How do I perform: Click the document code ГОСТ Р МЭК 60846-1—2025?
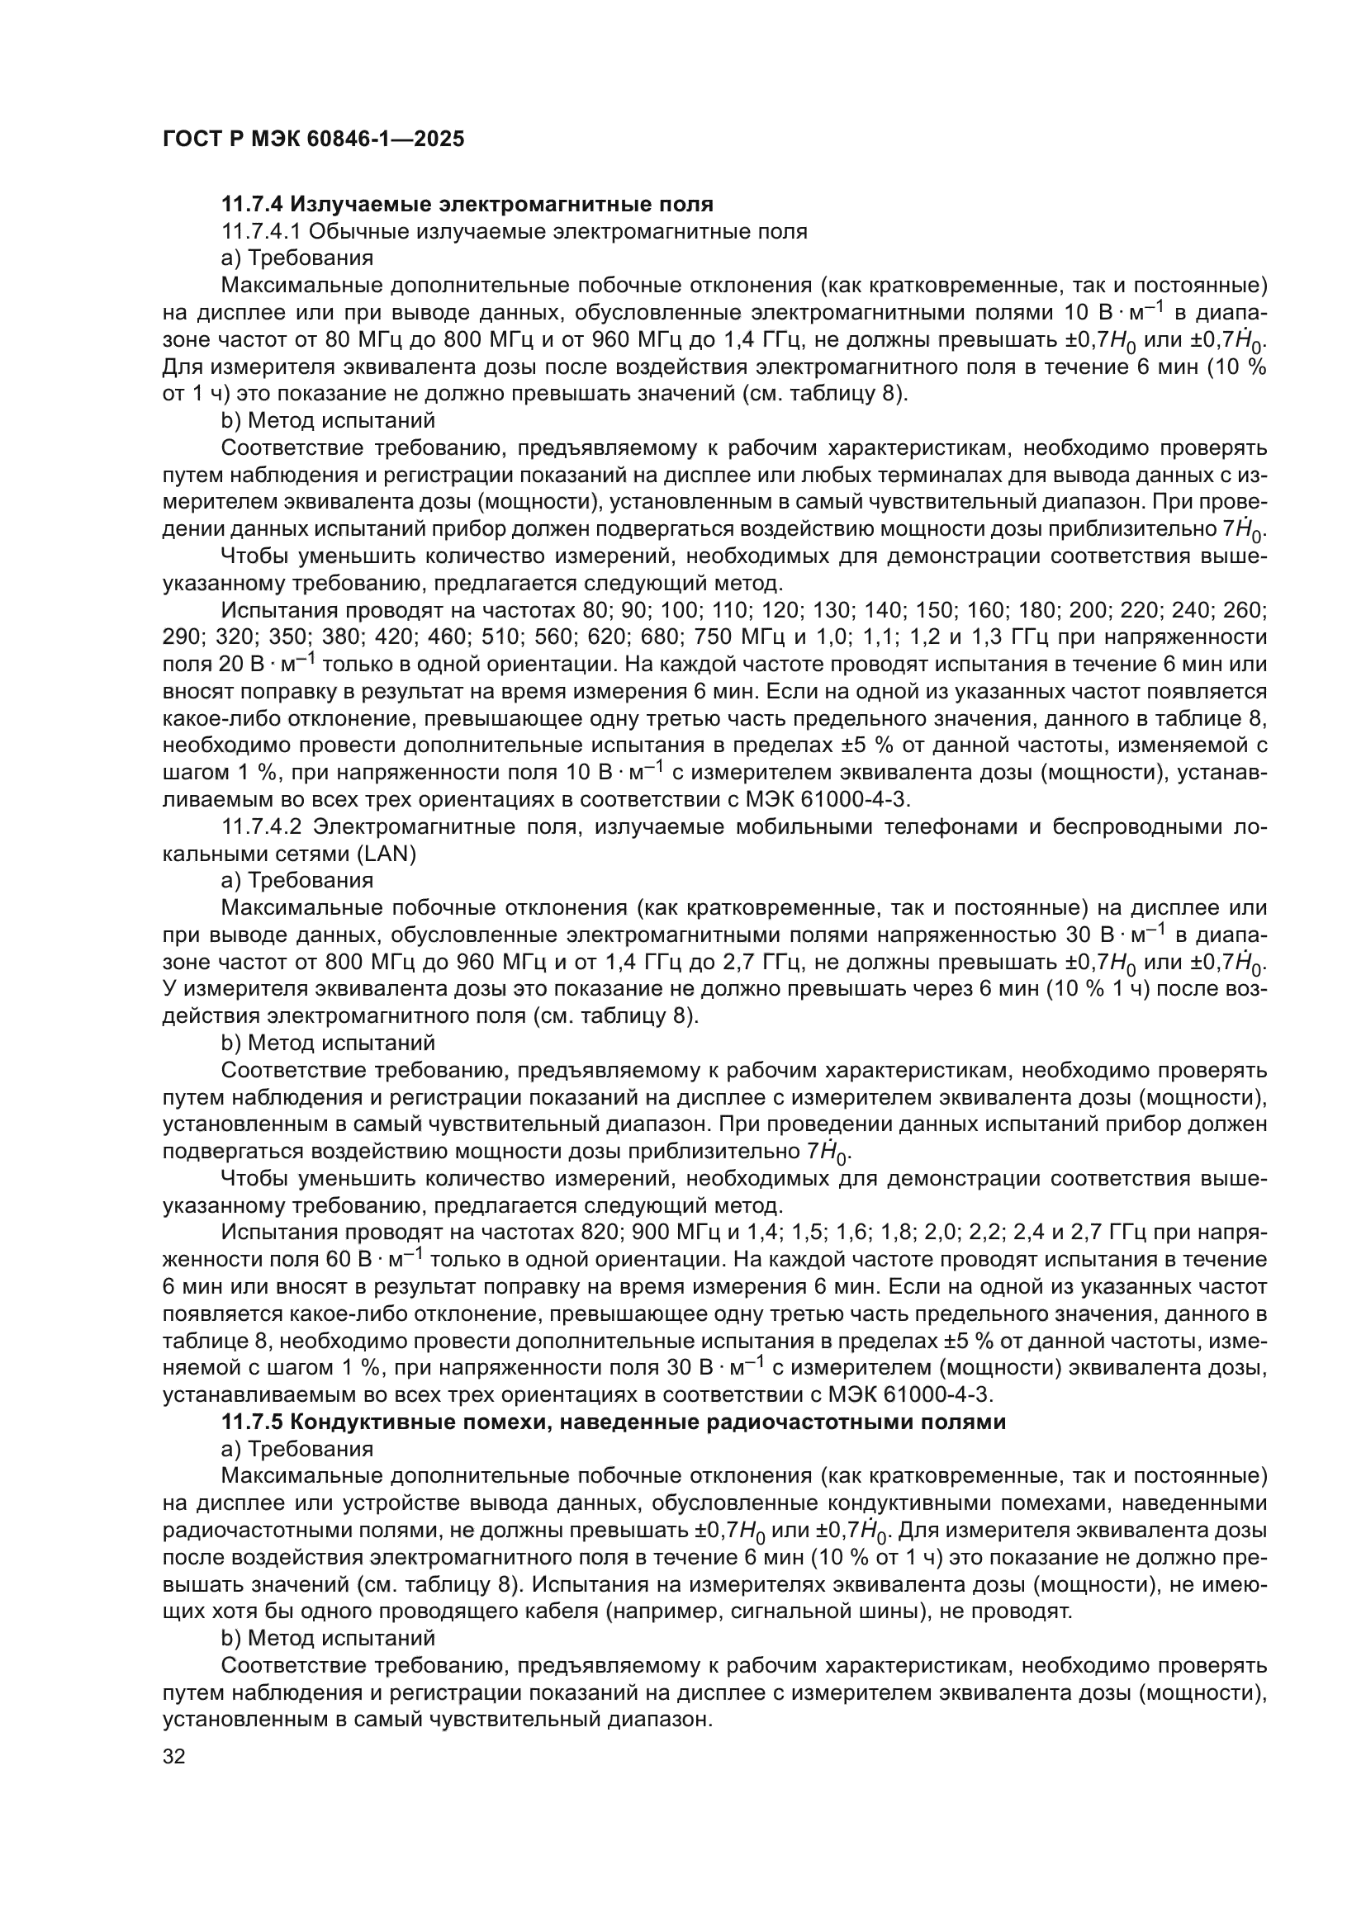pos(313,139)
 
